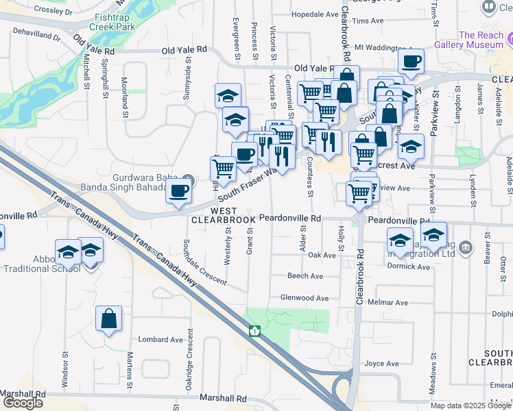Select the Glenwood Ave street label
coord(305,298)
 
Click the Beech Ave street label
coord(305,276)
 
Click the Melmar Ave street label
coord(387,302)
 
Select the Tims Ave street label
coord(368,21)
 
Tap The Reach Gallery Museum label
coord(481,40)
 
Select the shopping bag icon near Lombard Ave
coord(109,319)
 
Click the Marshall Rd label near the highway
coord(223,398)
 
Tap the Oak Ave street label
coord(322,255)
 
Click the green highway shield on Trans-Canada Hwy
coord(254,332)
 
